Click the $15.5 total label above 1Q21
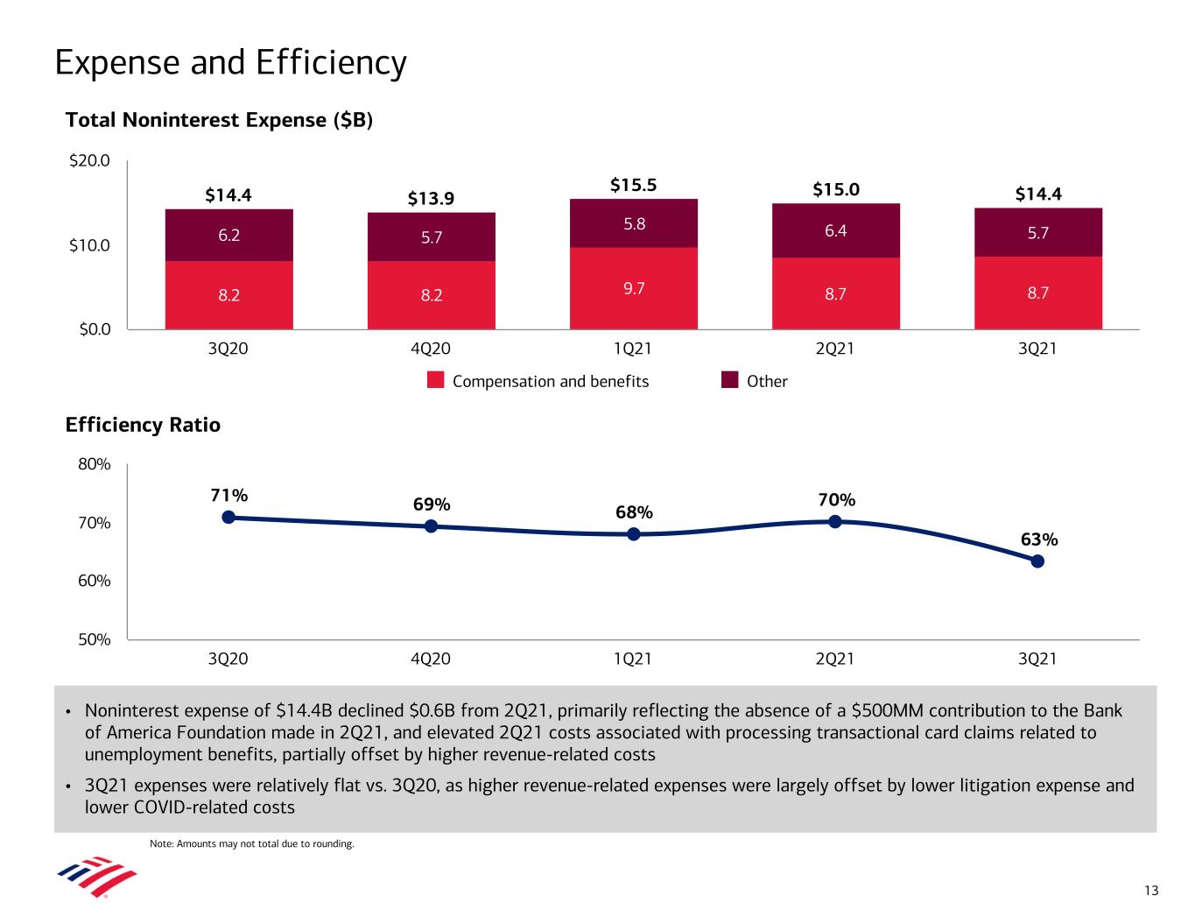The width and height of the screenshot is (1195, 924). pyautogui.click(x=633, y=186)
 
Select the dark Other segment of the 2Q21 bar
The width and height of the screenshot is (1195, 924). pyautogui.click(x=835, y=230)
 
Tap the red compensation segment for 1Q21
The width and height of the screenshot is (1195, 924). pyautogui.click(x=633, y=288)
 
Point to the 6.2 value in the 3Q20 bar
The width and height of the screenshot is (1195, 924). pyautogui.click(x=229, y=235)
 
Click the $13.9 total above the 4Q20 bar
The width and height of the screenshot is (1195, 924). pyautogui.click(x=431, y=199)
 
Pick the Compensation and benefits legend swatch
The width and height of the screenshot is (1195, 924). pyautogui.click(x=437, y=380)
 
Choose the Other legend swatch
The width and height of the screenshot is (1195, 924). pyautogui.click(x=730, y=380)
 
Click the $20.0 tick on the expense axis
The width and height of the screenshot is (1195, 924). pyautogui.click(x=91, y=161)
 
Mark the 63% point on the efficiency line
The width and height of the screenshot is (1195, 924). pyautogui.click(x=1037, y=561)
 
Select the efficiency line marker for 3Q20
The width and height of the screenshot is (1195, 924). pyautogui.click(x=228, y=517)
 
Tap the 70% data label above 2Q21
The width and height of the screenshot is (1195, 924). pyautogui.click(x=836, y=499)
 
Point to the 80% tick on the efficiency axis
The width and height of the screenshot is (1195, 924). pyautogui.click(x=95, y=464)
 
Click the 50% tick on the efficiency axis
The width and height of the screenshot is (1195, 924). pyautogui.click(x=95, y=639)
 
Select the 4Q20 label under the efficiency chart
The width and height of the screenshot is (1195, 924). pyautogui.click(x=430, y=659)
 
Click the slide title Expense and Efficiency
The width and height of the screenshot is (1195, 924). pyautogui.click(x=230, y=63)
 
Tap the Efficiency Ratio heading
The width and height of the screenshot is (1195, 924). pyautogui.click(x=143, y=425)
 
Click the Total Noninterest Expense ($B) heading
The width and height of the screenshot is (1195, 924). pyautogui.click(x=220, y=120)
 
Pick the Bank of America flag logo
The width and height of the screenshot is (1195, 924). pyautogui.click(x=96, y=878)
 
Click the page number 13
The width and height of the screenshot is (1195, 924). pyautogui.click(x=1150, y=891)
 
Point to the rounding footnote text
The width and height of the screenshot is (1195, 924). pyautogui.click(x=252, y=844)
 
